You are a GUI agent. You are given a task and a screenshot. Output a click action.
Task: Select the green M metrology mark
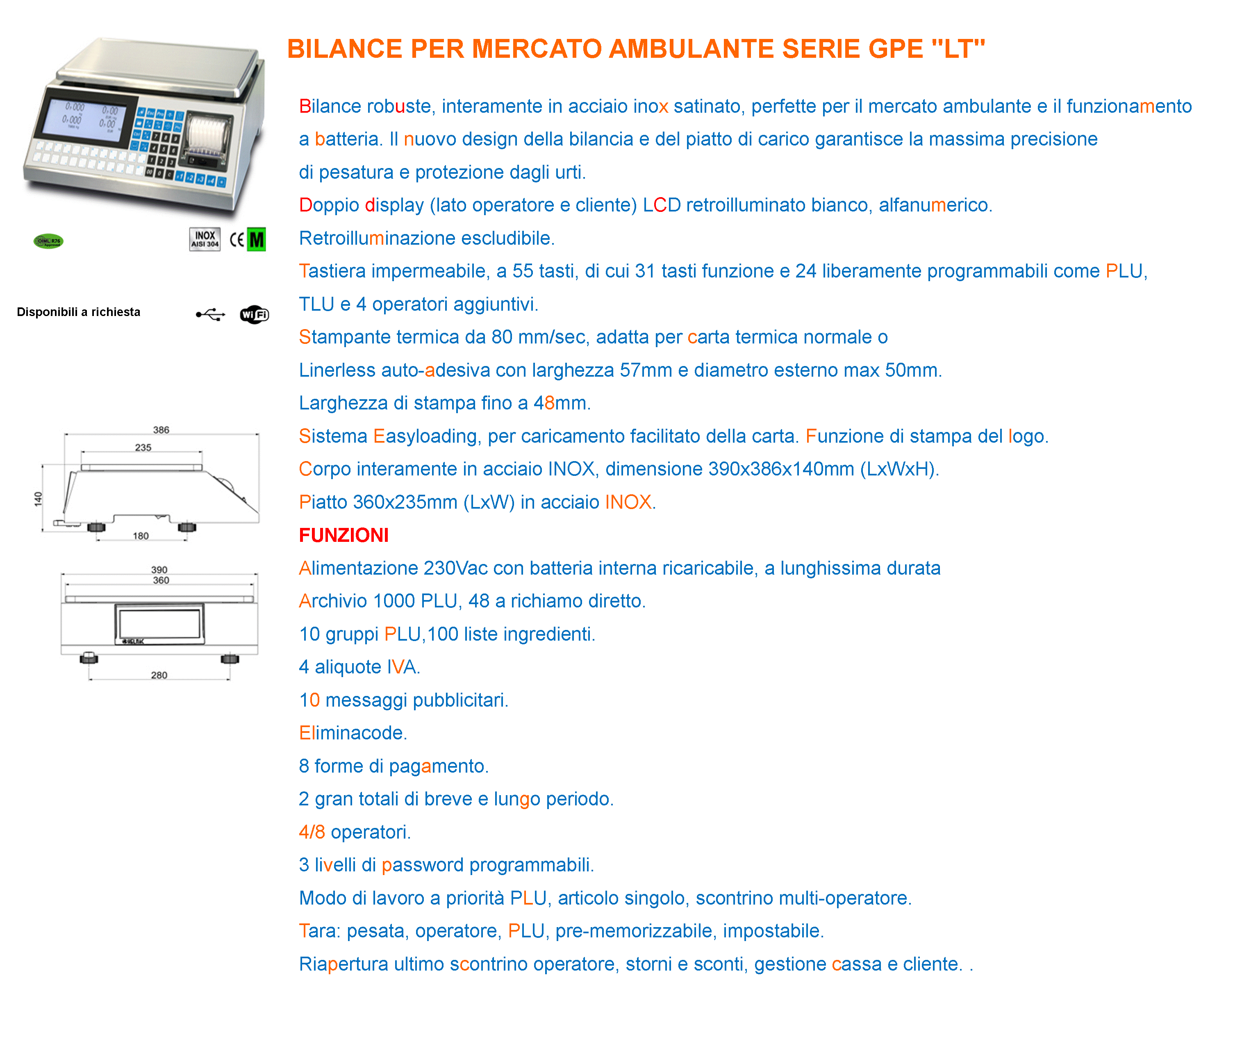click(x=257, y=240)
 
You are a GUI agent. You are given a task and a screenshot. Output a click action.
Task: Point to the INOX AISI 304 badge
click(x=205, y=239)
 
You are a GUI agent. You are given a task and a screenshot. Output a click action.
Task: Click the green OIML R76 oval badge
click(x=48, y=241)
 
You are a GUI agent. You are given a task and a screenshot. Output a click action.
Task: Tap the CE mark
click(x=237, y=240)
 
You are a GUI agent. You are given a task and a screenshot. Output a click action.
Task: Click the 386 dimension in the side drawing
click(x=161, y=430)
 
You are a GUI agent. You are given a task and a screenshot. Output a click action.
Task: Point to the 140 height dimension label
click(x=38, y=499)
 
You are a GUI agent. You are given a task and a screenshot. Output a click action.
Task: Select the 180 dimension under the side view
click(x=141, y=536)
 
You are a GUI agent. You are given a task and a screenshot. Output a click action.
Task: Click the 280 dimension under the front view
click(x=159, y=675)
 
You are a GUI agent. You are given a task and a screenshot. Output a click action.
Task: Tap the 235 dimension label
click(x=143, y=447)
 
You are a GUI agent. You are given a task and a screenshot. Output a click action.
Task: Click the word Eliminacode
click(x=353, y=733)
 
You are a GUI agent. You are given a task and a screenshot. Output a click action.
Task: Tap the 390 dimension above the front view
click(x=159, y=569)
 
